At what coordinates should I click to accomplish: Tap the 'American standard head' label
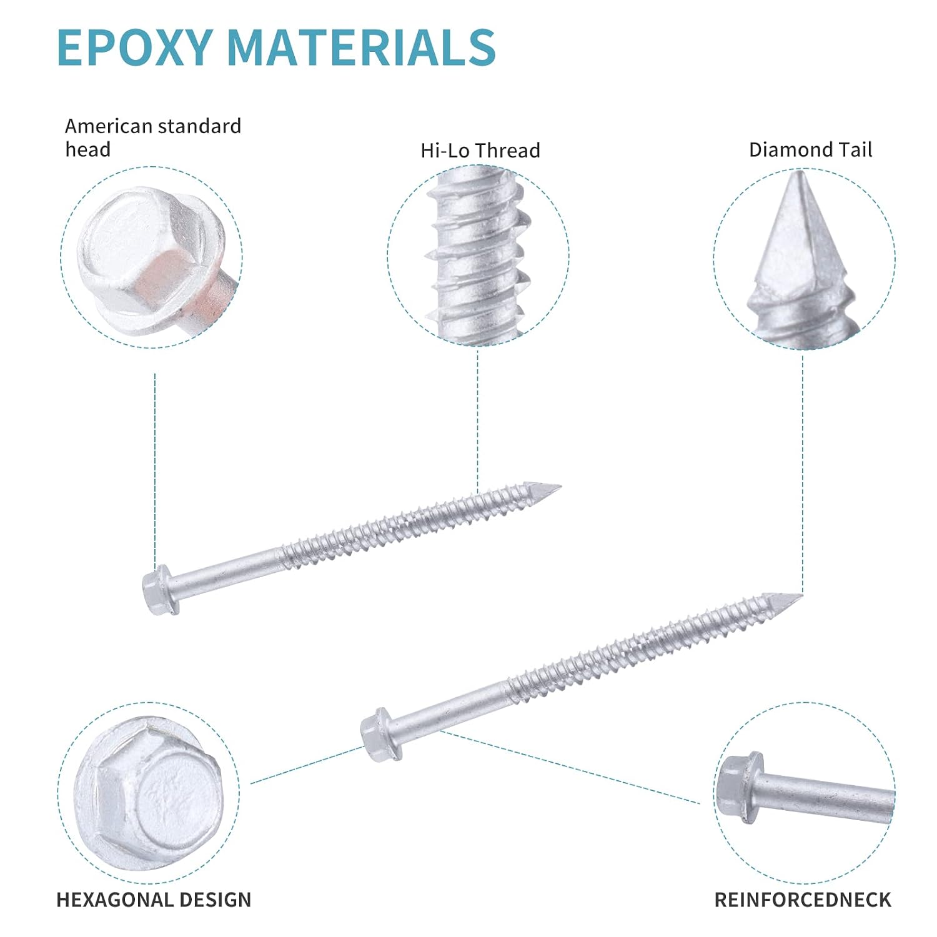153,137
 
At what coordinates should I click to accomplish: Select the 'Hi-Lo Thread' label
480,151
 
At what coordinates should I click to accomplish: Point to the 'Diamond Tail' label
810,150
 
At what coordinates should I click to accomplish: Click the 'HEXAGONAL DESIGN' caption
154,900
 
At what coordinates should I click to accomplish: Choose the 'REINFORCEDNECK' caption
803,900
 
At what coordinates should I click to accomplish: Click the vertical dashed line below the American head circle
155,468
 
